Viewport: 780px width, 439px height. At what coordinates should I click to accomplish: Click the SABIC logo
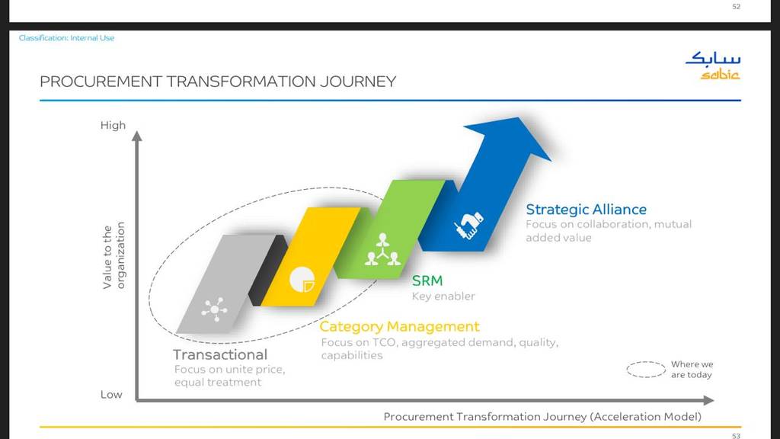[x=713, y=66]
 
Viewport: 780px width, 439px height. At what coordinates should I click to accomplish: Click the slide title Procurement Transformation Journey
[x=218, y=82]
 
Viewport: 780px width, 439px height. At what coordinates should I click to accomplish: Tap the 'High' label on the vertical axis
[x=113, y=126]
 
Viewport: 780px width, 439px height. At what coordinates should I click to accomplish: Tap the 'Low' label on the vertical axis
[x=111, y=395]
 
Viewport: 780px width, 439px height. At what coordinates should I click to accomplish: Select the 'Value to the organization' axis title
[x=113, y=255]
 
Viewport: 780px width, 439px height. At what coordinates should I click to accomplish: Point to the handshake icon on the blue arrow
[x=468, y=225]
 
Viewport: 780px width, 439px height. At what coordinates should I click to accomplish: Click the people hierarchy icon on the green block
[x=382, y=249]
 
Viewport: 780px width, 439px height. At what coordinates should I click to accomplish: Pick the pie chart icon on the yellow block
[x=302, y=280]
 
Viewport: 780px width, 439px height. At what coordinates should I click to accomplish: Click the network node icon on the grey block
[x=214, y=309]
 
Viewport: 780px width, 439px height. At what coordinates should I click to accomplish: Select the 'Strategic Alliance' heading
[x=586, y=210]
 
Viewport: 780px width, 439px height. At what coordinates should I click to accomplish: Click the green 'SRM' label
[x=427, y=280]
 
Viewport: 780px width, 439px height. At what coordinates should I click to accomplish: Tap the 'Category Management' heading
[x=399, y=327]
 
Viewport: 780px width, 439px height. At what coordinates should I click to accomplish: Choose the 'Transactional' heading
[x=220, y=355]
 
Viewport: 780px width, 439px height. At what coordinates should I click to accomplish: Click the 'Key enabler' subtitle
[x=443, y=296]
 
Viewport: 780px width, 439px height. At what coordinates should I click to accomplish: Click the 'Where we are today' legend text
[x=692, y=370]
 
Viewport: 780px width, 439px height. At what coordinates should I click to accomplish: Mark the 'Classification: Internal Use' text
[x=67, y=38]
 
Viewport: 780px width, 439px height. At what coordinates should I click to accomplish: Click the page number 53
[x=737, y=435]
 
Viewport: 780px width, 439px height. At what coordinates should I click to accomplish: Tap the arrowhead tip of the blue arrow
[x=519, y=117]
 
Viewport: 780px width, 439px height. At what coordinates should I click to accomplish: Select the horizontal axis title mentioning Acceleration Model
[x=542, y=417]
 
